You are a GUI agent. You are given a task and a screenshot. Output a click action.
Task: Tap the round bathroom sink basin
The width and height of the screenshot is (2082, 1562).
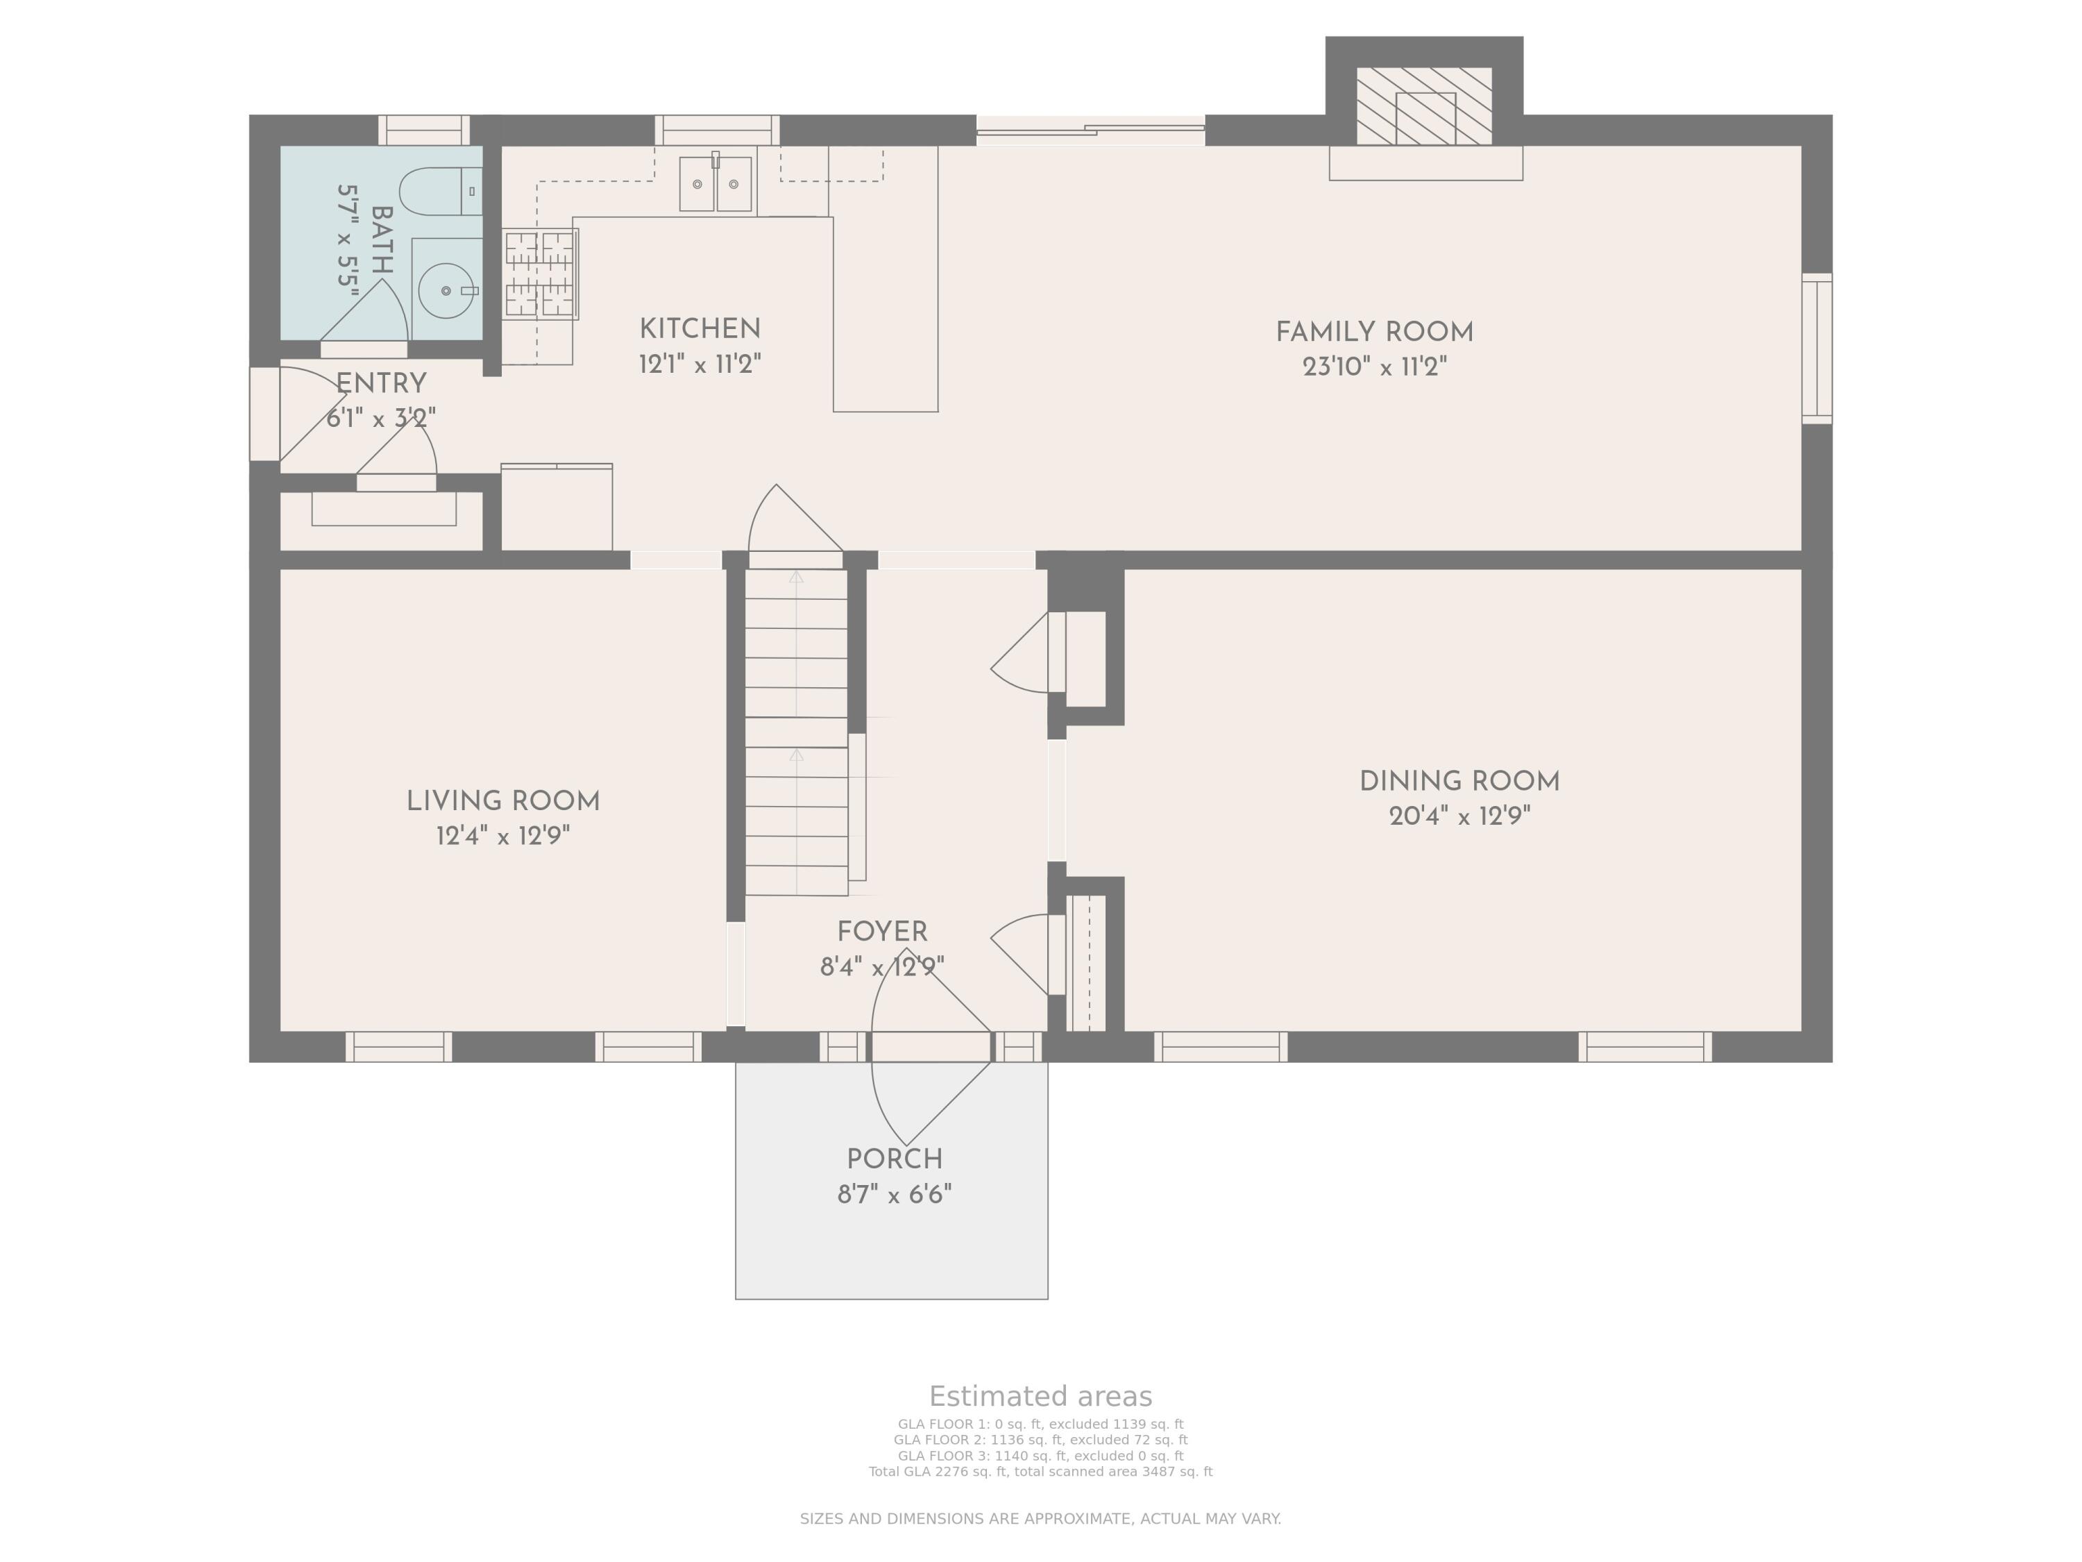(446, 291)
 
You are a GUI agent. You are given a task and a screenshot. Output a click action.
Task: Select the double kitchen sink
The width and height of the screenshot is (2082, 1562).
(716, 183)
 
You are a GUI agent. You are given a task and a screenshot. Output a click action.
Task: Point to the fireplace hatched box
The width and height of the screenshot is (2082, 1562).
(1424, 106)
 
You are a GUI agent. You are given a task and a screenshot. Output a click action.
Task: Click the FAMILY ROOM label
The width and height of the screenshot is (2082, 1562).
(1374, 333)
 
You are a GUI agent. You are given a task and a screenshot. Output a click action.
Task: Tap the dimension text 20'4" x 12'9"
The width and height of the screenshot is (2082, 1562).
(1460, 816)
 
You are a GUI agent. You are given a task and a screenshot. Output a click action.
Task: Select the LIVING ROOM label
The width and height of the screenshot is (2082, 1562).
(504, 801)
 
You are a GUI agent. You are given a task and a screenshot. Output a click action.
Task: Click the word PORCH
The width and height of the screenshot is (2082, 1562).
(894, 1160)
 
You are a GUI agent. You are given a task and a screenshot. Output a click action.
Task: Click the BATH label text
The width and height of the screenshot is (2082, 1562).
(381, 241)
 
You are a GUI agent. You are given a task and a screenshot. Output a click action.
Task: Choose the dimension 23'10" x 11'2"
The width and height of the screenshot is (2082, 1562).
(1374, 367)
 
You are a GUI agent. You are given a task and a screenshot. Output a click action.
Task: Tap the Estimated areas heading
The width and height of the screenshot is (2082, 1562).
(1040, 1396)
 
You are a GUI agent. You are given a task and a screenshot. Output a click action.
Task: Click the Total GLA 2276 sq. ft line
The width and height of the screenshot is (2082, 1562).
(1040, 1472)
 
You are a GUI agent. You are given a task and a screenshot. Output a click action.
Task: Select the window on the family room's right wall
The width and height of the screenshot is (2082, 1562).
(1818, 348)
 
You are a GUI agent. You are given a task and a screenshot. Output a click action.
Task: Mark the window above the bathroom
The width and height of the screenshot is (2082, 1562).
(423, 130)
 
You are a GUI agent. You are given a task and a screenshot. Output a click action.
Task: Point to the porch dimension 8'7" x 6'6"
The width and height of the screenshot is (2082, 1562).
(894, 1195)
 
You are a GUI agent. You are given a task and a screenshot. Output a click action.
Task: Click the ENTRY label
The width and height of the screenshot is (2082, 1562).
(381, 384)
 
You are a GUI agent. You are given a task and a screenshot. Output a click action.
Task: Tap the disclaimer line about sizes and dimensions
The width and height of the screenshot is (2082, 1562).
(1040, 1519)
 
